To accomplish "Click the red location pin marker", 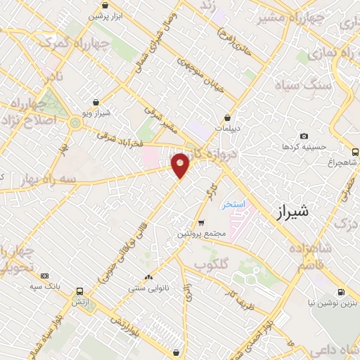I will point(181,165).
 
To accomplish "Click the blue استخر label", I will point(233,205).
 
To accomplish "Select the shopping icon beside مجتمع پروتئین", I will point(201,223).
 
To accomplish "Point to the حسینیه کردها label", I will point(302,148).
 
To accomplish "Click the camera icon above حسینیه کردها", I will point(304,136).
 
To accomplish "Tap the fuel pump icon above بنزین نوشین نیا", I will point(341,292).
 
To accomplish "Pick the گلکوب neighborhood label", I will point(212,266).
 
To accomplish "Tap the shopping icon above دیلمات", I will point(228,117).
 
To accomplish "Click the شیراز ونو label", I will point(96,112).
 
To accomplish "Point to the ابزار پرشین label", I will point(105,15).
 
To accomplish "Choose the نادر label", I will point(54,77).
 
